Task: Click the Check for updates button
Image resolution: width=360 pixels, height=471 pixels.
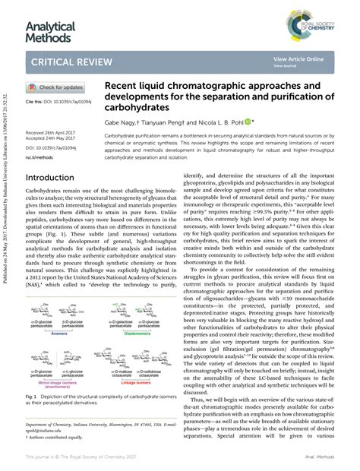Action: point(56,88)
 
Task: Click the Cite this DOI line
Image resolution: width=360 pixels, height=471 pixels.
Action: point(49,101)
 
